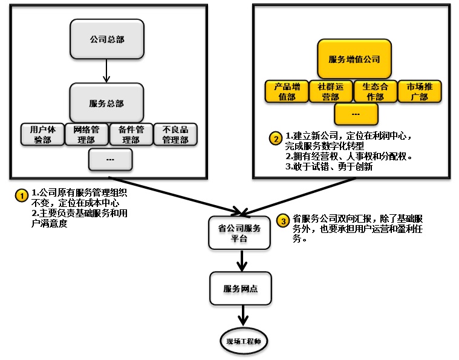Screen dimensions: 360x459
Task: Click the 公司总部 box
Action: tap(106, 39)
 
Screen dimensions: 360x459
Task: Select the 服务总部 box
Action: tap(106, 103)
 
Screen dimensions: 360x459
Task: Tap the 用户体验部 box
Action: tap(42, 134)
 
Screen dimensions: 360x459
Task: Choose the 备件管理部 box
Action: tap(131, 134)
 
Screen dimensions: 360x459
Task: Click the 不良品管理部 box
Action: tap(175, 134)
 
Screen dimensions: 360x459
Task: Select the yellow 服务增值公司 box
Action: tap(354, 59)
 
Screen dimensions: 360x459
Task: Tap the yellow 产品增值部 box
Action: tap(287, 91)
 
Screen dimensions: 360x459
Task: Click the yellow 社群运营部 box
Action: tap(331, 91)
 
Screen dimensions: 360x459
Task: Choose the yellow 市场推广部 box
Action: tap(419, 91)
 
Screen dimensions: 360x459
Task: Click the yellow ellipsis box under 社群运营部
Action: tap(356, 114)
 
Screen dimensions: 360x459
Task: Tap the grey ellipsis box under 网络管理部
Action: tap(110, 159)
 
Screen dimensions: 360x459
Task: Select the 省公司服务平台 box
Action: tap(239, 233)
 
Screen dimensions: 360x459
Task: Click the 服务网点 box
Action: tap(241, 289)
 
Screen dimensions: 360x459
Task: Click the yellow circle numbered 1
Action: tap(21, 195)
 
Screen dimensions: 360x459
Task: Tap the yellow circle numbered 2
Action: tap(275, 138)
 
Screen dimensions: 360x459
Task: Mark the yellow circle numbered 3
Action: tap(283, 221)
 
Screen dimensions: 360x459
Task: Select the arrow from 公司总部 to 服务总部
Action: tap(106, 71)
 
